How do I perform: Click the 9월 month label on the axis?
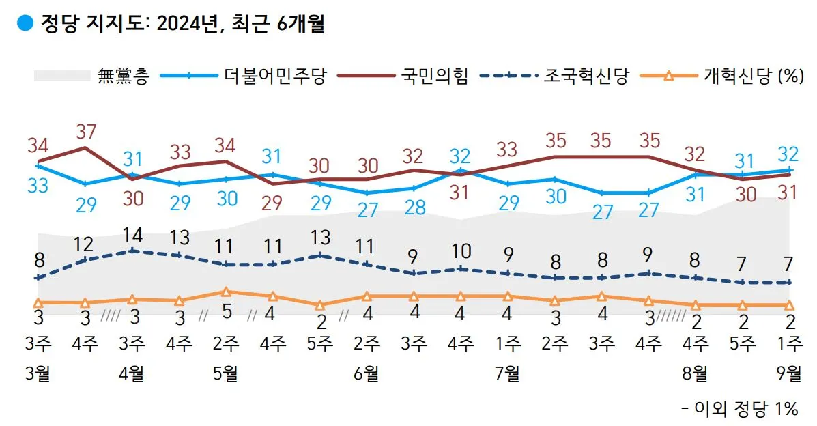[790, 373]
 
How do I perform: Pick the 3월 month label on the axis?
[38, 373]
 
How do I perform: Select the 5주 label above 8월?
[743, 343]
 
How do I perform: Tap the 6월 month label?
[367, 373]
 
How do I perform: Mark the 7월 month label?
[507, 373]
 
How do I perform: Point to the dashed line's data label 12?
[85, 244]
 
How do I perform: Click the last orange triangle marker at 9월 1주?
[790, 305]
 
